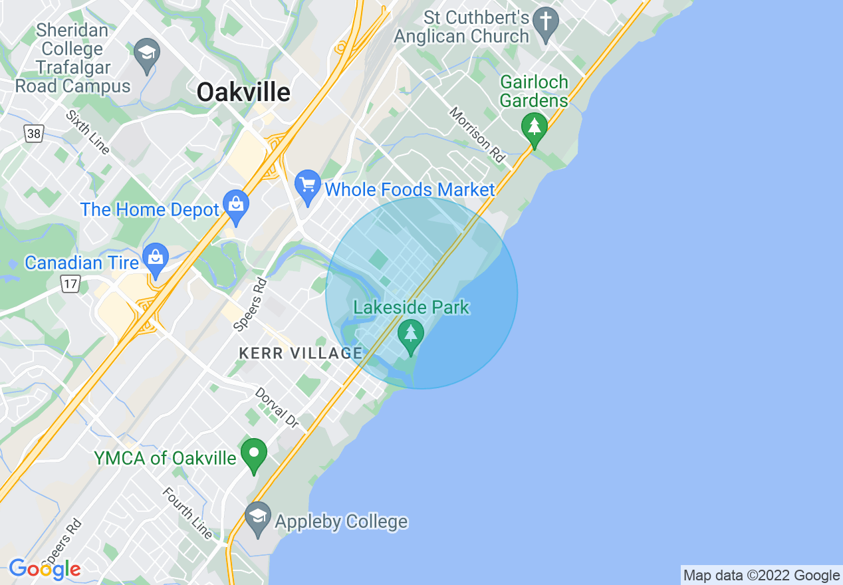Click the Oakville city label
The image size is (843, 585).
(x=243, y=92)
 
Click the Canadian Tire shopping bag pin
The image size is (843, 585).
(x=156, y=260)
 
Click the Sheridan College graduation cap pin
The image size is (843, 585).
(x=146, y=55)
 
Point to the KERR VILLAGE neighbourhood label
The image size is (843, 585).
(x=301, y=354)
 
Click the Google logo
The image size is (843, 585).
(x=45, y=569)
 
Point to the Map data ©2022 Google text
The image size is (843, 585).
(x=762, y=576)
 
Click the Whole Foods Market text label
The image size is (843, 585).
(x=410, y=190)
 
